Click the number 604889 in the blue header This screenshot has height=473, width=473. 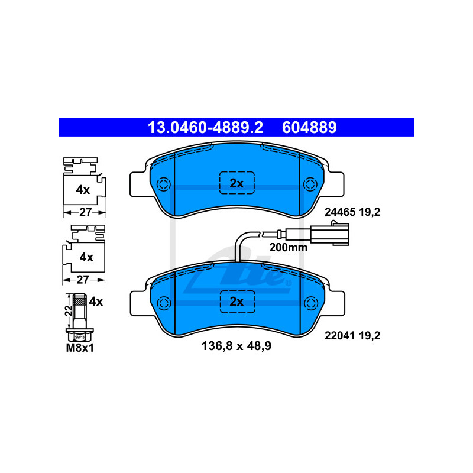[309, 127]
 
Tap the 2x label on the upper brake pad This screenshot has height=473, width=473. [237, 183]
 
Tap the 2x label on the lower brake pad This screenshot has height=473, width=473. [237, 302]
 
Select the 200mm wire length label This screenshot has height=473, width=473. [289, 248]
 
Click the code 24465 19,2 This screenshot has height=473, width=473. [352, 212]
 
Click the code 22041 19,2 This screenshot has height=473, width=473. [352, 336]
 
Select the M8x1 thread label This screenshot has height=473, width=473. [80, 348]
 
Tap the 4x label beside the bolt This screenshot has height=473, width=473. [95, 302]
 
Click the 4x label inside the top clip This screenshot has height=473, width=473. [82, 190]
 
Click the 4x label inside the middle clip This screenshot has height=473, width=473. [86, 257]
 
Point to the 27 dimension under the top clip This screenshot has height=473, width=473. [85, 212]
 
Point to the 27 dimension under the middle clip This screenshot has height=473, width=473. [85, 279]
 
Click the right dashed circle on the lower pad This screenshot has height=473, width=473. [309, 303]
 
